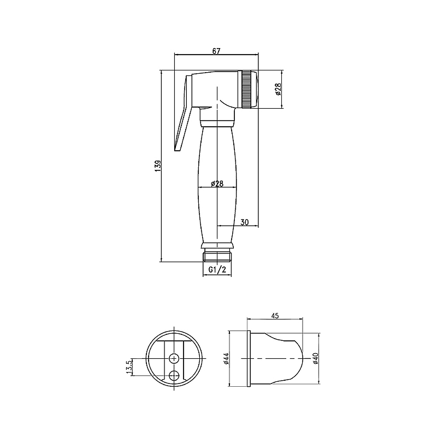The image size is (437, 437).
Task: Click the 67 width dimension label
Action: [x=216, y=51]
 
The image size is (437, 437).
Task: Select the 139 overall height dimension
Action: [x=158, y=166]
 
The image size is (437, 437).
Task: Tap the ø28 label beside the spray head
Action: [x=278, y=89]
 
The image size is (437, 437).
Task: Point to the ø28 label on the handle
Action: [x=217, y=184]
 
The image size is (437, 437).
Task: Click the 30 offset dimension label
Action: [x=244, y=222]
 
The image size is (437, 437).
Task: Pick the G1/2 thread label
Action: [x=217, y=269]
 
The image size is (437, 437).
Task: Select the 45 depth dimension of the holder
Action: [x=275, y=316]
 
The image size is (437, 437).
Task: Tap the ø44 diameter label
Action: [x=226, y=358]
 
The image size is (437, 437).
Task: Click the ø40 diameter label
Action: [x=316, y=358]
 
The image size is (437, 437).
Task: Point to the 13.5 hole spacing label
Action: [x=128, y=367]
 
